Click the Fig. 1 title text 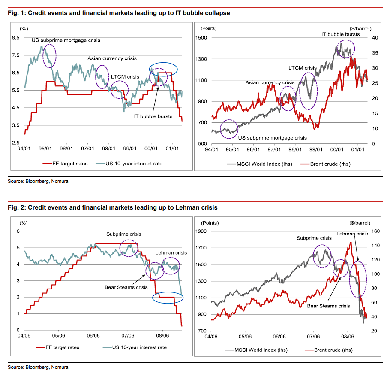(119, 13)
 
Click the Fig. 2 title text (112, 207)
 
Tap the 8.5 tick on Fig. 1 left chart (15, 38)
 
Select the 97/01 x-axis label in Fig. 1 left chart (87, 149)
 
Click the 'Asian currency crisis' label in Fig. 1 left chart (112, 58)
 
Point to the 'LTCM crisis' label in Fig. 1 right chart (303, 68)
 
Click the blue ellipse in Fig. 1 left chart (163, 63)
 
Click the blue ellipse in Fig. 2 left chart (168, 292)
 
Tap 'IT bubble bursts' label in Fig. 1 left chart (153, 116)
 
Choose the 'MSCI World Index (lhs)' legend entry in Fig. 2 (256, 350)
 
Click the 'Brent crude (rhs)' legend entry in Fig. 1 (325, 164)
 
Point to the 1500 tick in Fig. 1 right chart (201, 38)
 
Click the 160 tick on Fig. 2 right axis (375, 231)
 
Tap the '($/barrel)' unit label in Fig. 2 (360, 223)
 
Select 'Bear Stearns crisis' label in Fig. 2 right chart (328, 306)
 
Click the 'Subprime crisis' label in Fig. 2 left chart (123, 234)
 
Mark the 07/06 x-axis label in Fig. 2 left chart (128, 336)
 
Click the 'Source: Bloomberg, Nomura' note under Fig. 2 (38, 367)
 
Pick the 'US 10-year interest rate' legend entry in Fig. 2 (135, 347)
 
